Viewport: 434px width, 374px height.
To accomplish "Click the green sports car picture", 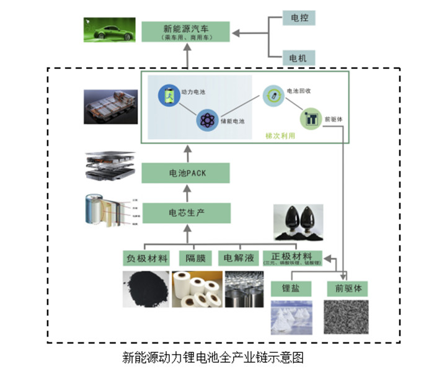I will [109, 30].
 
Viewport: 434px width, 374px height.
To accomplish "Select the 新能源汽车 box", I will [186, 32].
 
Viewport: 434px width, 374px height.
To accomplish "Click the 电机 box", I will [298, 58].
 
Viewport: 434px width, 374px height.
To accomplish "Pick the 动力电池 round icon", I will [167, 95].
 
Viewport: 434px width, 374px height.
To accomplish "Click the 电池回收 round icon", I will [271, 94].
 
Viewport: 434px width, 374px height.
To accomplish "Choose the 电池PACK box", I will [186, 173].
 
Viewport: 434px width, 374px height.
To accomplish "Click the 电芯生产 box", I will [186, 213].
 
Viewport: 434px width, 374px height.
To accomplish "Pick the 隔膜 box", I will [196, 257].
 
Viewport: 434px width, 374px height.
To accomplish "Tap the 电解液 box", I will [237, 257].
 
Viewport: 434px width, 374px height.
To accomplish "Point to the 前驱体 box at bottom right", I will [347, 288].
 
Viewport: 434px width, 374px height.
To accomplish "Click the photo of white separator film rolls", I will [196, 290].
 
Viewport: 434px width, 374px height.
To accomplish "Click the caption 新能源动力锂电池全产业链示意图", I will [213, 358].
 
